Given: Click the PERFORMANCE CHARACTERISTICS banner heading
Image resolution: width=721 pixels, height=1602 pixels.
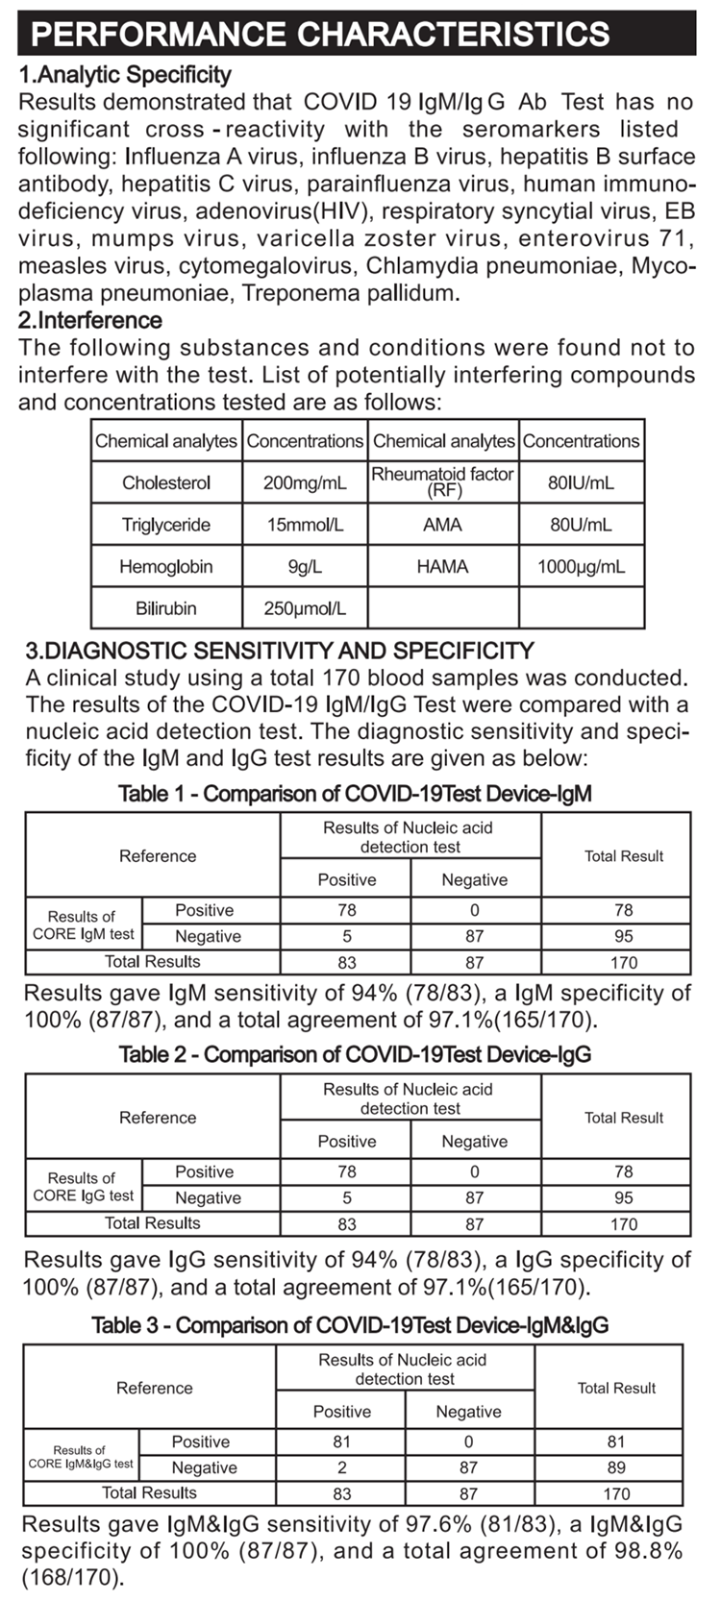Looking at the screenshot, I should click(x=320, y=34).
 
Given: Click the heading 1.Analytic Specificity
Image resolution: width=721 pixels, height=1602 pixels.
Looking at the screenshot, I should click(x=125, y=75).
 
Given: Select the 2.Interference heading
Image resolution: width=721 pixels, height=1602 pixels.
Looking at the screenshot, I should click(x=90, y=320).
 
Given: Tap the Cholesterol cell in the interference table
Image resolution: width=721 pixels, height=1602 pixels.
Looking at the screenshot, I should click(x=166, y=482).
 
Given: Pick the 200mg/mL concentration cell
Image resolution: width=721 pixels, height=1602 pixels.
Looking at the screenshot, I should click(x=305, y=482).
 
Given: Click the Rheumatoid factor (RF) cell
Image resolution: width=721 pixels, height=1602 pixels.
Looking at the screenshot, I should click(x=442, y=481).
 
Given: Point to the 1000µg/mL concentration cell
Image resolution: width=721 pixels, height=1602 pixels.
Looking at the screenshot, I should click(x=581, y=566).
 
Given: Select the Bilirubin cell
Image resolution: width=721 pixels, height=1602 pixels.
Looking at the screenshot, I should click(x=166, y=608).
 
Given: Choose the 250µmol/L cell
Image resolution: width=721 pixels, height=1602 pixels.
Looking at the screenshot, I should click(x=305, y=608).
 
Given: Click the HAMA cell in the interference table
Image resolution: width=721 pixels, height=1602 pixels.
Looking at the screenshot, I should click(x=442, y=566).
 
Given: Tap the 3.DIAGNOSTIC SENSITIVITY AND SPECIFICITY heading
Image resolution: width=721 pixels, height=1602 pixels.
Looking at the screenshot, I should click(x=279, y=651).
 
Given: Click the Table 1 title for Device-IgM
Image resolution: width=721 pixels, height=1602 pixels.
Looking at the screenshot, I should click(x=355, y=794).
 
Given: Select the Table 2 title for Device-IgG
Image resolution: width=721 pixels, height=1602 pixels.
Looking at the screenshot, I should click(x=355, y=1054).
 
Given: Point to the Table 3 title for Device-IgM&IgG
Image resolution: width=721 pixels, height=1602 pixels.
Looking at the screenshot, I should click(x=350, y=1325).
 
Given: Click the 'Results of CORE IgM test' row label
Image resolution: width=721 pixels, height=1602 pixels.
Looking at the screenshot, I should click(x=83, y=924).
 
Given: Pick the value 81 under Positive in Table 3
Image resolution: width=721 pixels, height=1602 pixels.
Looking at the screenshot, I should click(x=341, y=1442).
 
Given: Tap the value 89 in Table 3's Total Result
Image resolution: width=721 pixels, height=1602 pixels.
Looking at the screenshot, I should click(x=616, y=1467).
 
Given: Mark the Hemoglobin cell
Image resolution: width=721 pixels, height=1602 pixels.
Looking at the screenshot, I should click(x=166, y=566).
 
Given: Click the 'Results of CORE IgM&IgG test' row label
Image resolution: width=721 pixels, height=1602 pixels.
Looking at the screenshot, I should click(x=81, y=1457).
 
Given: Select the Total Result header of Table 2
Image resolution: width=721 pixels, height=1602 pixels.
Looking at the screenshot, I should click(x=624, y=1118).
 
